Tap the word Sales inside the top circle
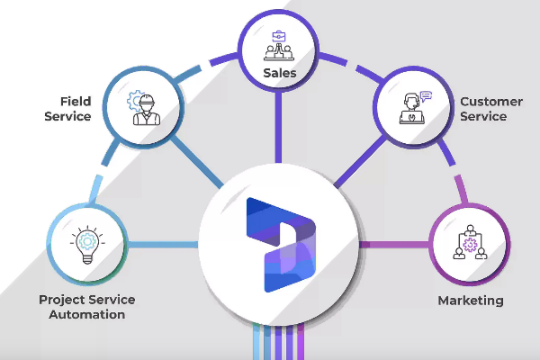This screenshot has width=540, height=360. tap(279, 71)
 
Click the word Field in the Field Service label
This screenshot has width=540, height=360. tap(75, 101)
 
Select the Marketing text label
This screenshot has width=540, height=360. tap(470, 300)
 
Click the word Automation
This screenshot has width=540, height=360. tap(82, 315)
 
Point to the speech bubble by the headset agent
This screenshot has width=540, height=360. tap(426, 94)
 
